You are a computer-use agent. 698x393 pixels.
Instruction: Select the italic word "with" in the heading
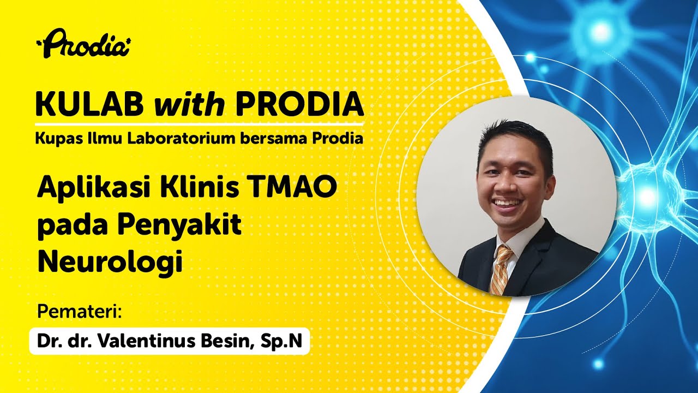pyautogui.click(x=189, y=103)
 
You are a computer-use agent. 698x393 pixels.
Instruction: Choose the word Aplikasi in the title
pyautogui.click(x=92, y=190)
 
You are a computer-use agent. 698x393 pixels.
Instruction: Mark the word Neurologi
pyautogui.click(x=109, y=263)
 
